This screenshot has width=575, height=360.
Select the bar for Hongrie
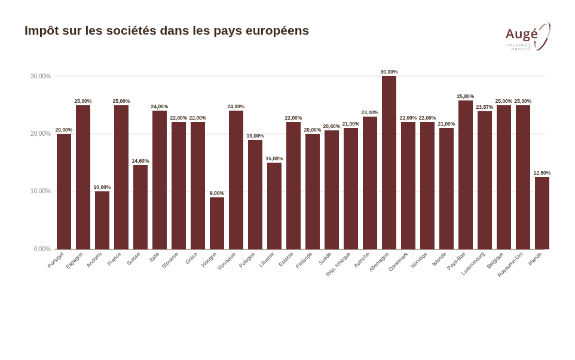pos(217,223)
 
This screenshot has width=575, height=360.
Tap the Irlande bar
pos(542,213)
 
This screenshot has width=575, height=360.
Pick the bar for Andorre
pos(102,220)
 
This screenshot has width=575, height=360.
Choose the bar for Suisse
pos(140,207)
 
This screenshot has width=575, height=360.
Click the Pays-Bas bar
pos(466,175)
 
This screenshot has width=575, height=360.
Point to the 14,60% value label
pos(140,161)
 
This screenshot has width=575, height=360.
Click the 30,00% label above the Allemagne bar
pos(389,72)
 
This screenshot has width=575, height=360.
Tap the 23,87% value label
pos(485,107)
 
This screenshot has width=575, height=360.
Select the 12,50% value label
pos(542,173)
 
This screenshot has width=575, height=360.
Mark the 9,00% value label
pos(217,193)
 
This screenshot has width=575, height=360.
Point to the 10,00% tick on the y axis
pos(41,191)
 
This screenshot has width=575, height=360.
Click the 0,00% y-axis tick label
pos(42,249)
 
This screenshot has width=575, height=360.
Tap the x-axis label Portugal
pos(56,260)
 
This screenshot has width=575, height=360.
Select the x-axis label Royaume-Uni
pos(510,264)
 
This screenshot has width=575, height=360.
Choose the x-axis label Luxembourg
pos(473,263)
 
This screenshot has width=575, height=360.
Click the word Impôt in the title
pos(41,30)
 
